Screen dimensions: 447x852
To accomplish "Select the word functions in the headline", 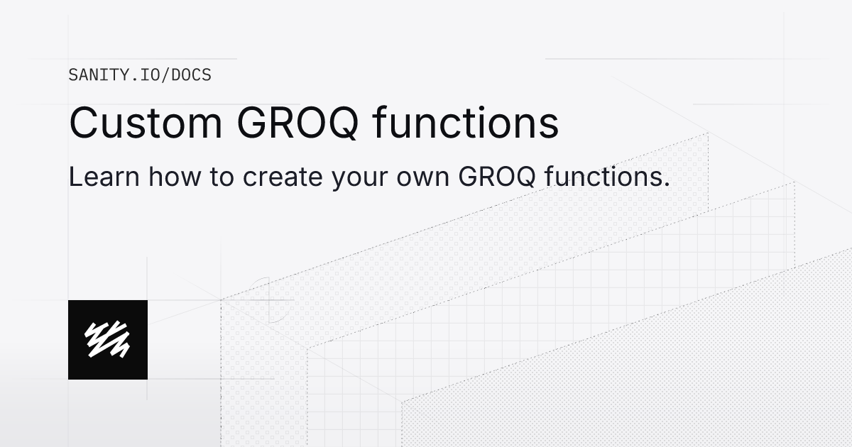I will click(x=465, y=123).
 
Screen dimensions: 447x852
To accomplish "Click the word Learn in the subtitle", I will click(x=104, y=177).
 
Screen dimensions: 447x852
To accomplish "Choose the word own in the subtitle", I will click(x=423, y=177).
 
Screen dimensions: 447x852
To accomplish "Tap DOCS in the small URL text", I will click(x=194, y=74).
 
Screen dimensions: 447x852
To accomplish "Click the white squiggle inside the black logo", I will click(x=107, y=339).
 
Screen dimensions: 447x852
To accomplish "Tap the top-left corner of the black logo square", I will click(x=70, y=302).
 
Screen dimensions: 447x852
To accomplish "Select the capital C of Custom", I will click(x=84, y=123).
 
